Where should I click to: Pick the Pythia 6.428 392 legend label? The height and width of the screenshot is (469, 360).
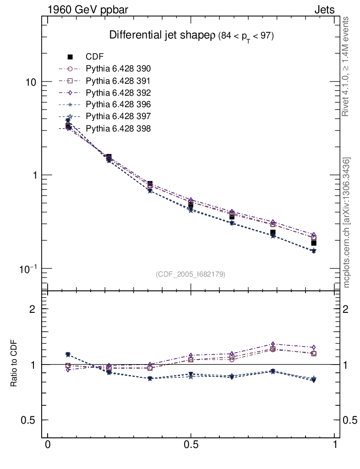coord(118,93)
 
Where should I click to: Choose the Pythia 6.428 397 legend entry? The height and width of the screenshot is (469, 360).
coord(118,116)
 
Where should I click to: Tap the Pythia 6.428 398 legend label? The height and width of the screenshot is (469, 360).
coord(118,128)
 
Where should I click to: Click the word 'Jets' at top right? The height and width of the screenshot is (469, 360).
coord(324,10)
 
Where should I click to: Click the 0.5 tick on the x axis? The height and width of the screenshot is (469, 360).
coord(191,445)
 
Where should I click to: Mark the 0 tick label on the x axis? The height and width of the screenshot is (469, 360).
coord(47,445)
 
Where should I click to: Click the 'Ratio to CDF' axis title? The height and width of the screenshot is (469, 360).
coord(14,364)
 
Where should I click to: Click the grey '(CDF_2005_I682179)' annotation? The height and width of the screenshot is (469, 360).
coord(191,274)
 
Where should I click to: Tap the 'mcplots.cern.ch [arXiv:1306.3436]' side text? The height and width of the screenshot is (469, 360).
coord(347,223)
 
